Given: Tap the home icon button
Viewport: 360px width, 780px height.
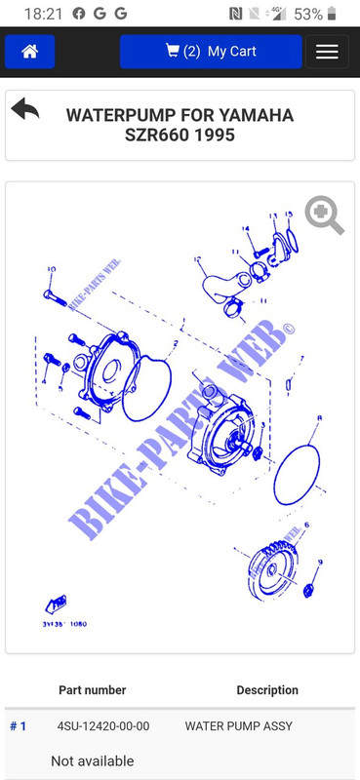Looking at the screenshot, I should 29,52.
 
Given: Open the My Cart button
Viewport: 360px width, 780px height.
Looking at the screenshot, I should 211,52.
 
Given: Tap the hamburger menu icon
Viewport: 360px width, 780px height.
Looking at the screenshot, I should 327,52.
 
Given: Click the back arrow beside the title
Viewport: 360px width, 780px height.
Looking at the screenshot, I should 26,109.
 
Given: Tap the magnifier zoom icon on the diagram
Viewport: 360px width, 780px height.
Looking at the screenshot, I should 324,215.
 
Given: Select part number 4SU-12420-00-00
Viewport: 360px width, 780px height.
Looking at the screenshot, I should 103,726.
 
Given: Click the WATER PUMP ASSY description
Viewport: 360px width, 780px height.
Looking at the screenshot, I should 238,726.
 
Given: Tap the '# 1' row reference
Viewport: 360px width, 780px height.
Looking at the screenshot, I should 19,726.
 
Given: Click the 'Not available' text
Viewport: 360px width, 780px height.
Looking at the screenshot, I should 93,760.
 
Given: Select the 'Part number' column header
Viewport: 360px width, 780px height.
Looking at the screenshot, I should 93,690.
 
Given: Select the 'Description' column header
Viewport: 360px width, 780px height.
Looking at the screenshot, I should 267,690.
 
